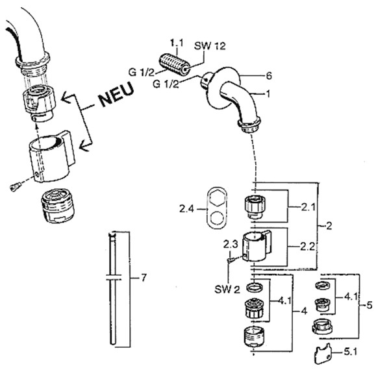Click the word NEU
pyautogui.click(x=116, y=94)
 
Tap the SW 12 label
pyautogui.click(x=210, y=45)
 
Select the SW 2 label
pyautogui.click(x=227, y=289)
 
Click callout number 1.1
pyautogui.click(x=177, y=43)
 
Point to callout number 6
pyautogui.click(x=269, y=76)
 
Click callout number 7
pyautogui.click(x=144, y=278)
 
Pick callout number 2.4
pyautogui.click(x=186, y=208)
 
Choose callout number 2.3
pyautogui.click(x=231, y=245)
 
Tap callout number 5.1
pyautogui.click(x=351, y=352)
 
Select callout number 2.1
pyautogui.click(x=309, y=207)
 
